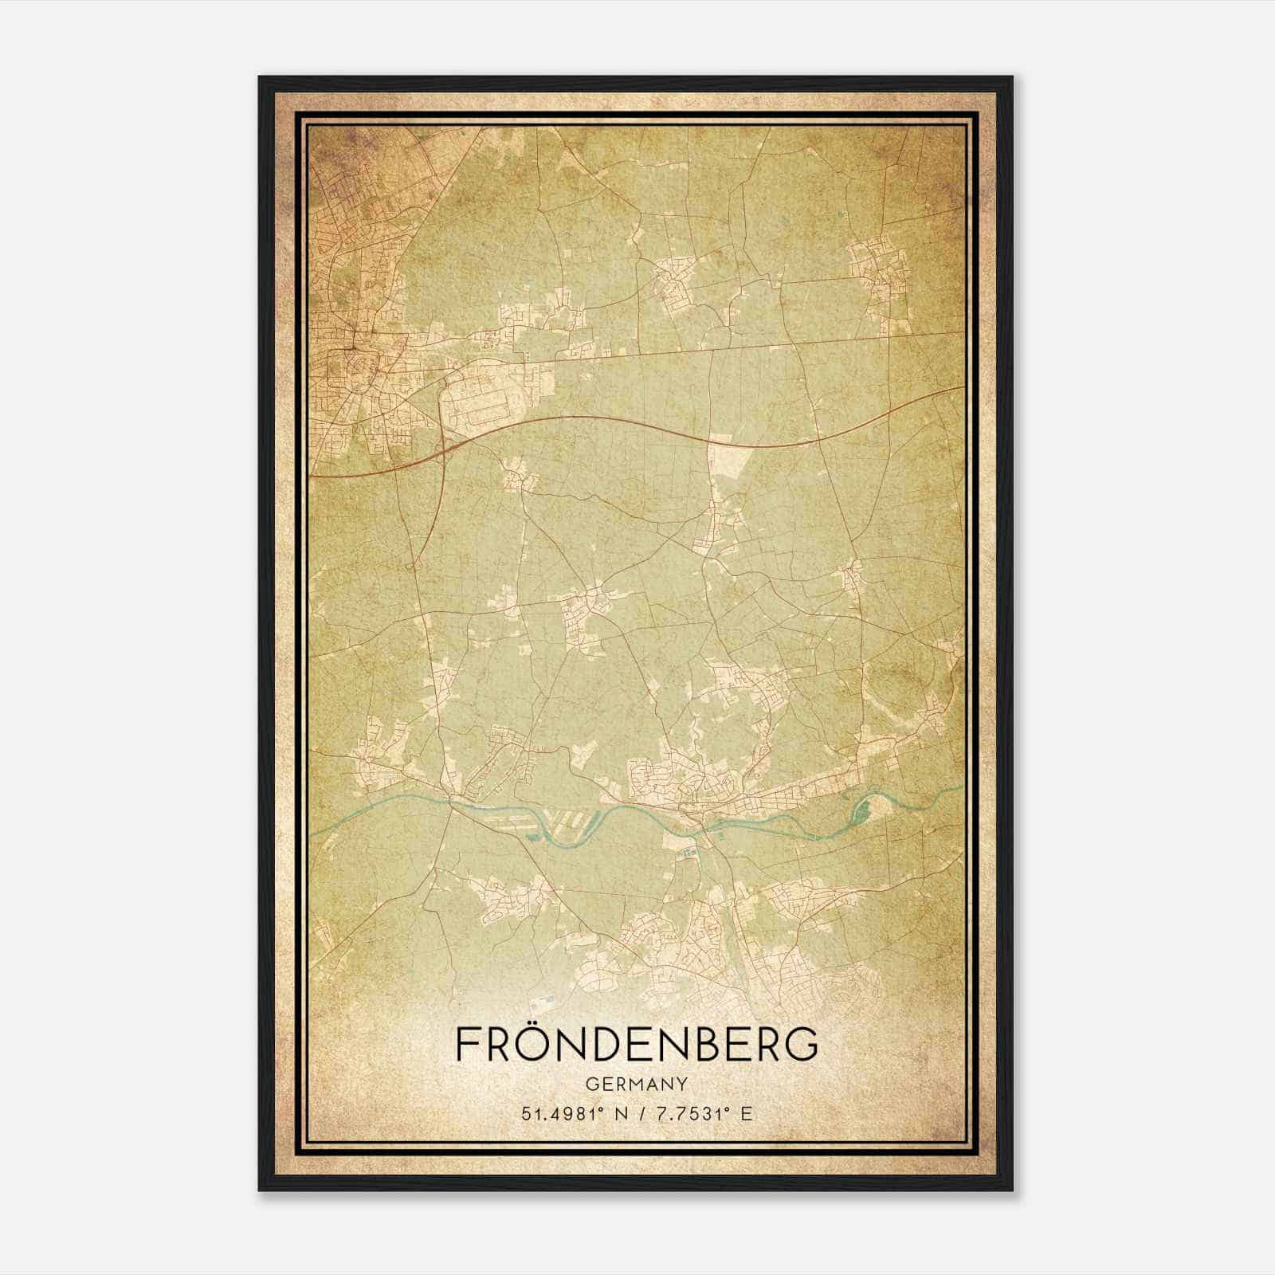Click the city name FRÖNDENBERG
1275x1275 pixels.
pos(637,1043)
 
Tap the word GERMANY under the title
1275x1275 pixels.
pos(637,1084)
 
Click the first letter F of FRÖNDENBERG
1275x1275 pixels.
pos(468,1044)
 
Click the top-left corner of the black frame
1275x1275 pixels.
pos(260,78)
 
